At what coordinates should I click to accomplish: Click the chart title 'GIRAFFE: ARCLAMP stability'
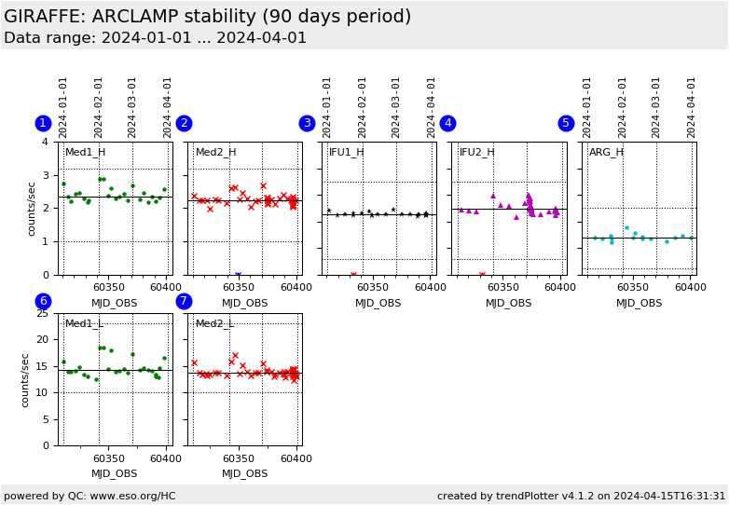pyautogui.click(x=207, y=17)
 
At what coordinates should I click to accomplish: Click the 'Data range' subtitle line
pyautogui.click(x=155, y=38)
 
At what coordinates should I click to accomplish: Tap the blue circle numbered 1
pyautogui.click(x=43, y=123)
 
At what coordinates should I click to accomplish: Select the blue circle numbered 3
pyautogui.click(x=307, y=123)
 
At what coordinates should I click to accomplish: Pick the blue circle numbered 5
pyautogui.click(x=566, y=123)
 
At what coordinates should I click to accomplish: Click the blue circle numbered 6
pyautogui.click(x=43, y=301)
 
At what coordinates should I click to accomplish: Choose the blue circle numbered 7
pyautogui.click(x=184, y=301)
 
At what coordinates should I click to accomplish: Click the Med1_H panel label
pyautogui.click(x=85, y=152)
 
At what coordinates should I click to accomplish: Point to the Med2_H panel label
pyautogui.click(x=215, y=152)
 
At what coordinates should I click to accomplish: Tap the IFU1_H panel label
pyautogui.click(x=346, y=152)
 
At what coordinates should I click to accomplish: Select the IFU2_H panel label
pyautogui.click(x=477, y=152)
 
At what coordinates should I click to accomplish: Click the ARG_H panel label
pyautogui.click(x=606, y=152)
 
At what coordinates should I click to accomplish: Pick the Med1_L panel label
pyautogui.click(x=85, y=323)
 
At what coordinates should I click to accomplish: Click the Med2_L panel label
pyautogui.click(x=215, y=323)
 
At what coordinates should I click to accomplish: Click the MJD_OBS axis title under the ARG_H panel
pyautogui.click(x=639, y=303)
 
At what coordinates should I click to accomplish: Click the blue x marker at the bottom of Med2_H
pyautogui.click(x=238, y=275)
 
